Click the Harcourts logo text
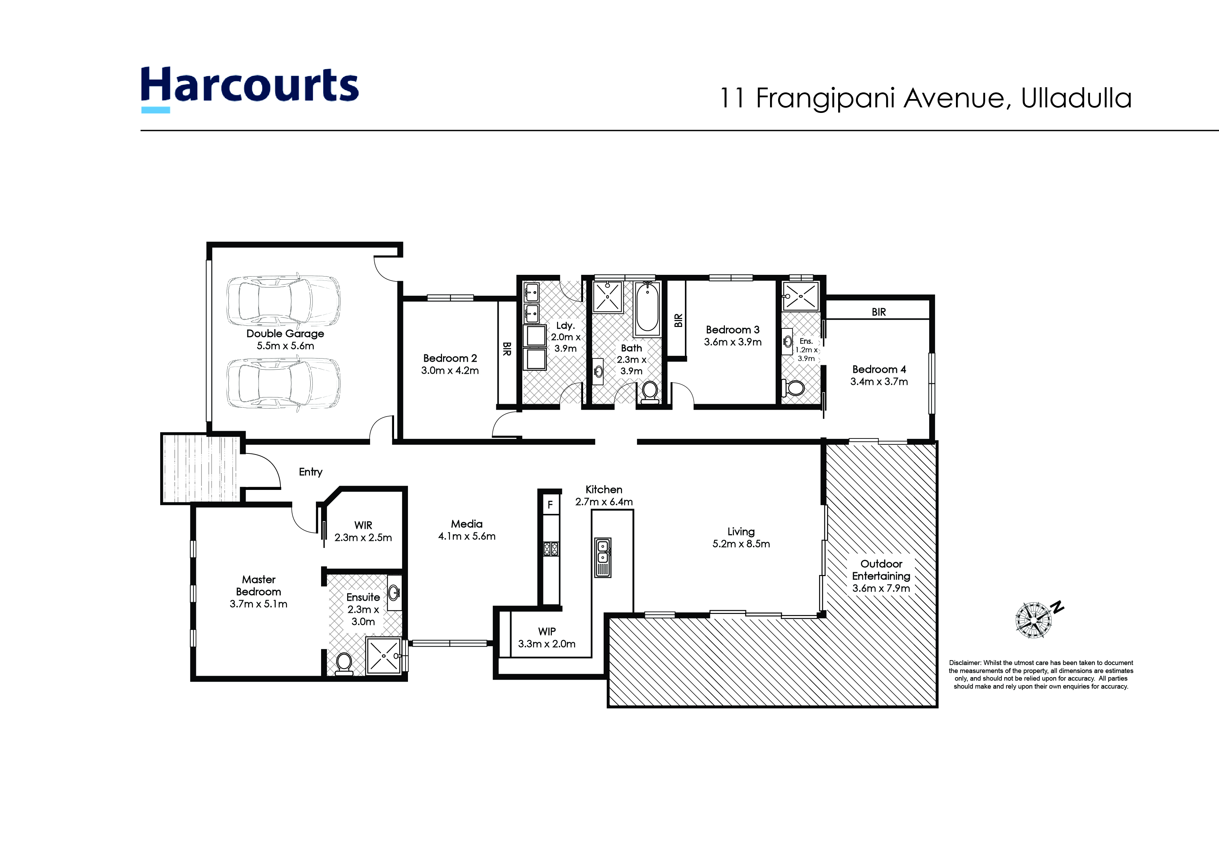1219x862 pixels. (249, 85)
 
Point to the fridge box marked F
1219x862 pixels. (550, 505)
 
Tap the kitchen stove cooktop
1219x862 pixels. (550, 549)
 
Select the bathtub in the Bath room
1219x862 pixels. (647, 309)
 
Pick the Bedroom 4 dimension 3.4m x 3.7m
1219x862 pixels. (879, 381)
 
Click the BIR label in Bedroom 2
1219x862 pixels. (507, 349)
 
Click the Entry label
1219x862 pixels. (311, 472)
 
